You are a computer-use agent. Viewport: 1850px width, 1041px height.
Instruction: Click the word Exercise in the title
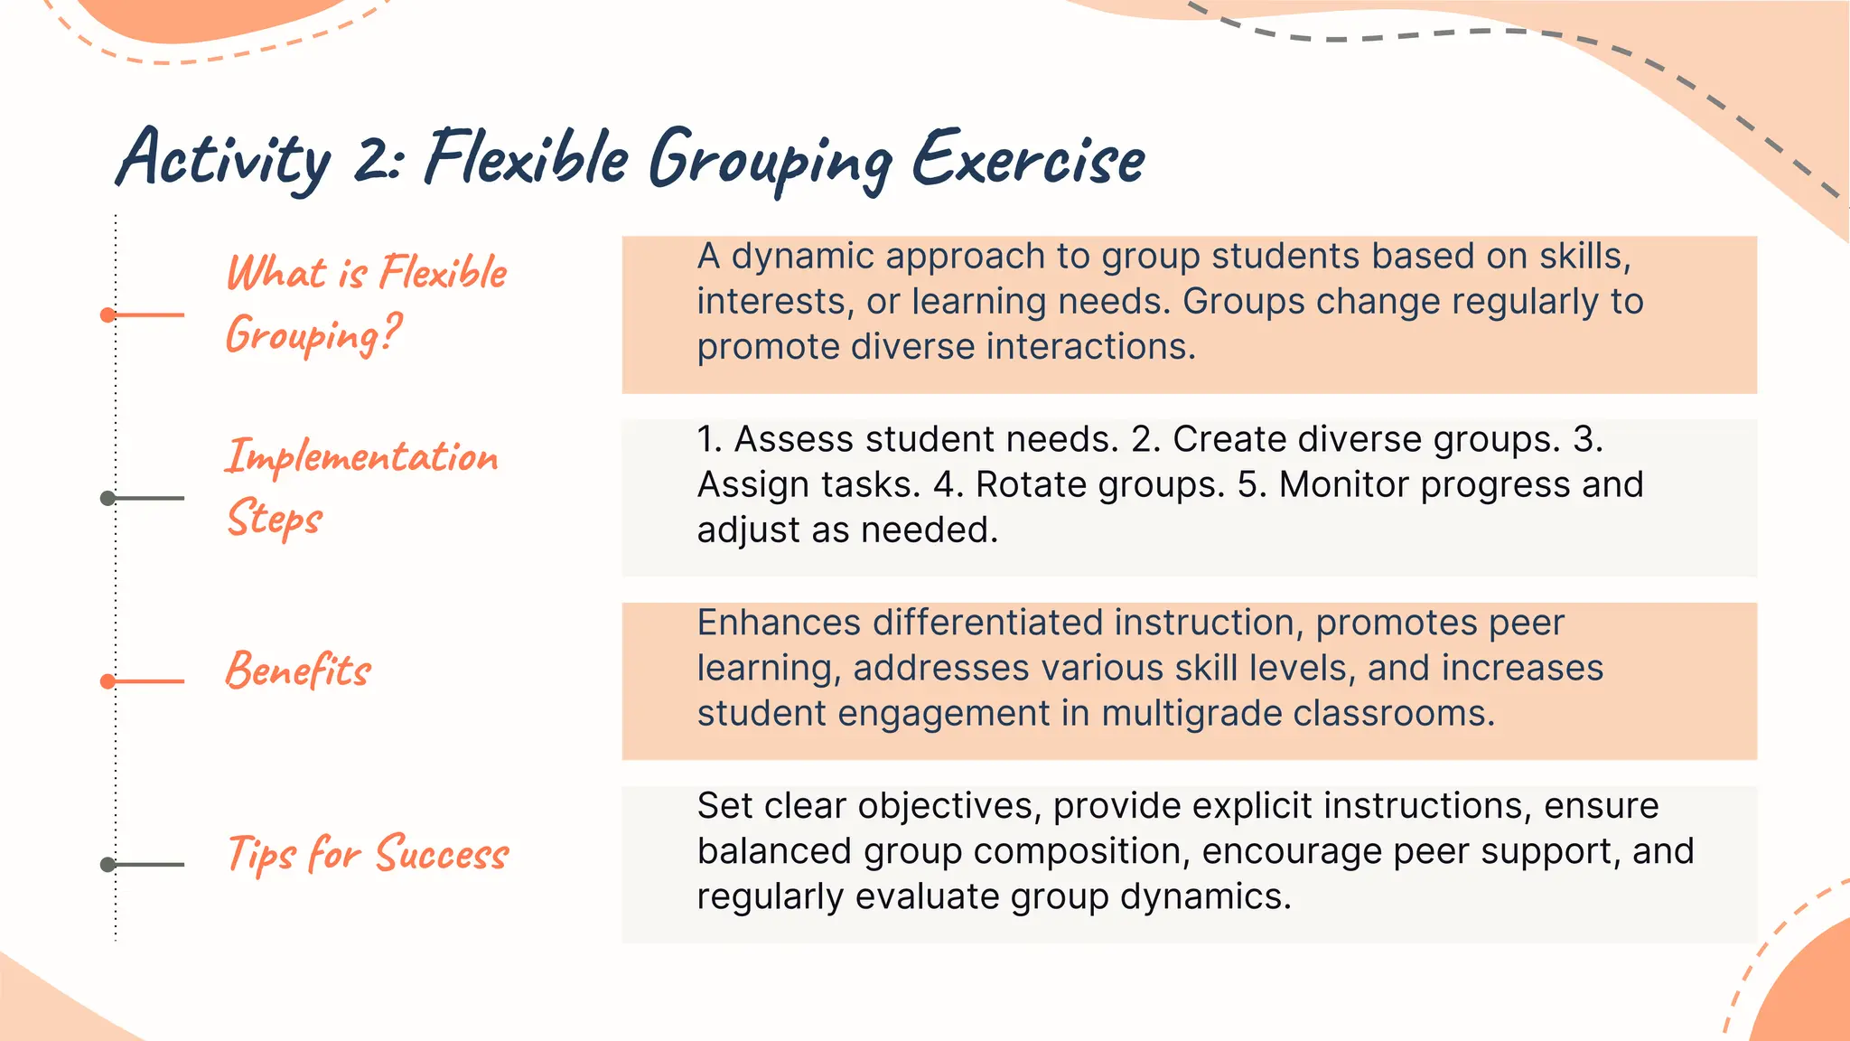(1028, 160)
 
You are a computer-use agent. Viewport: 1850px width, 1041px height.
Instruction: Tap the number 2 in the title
(372, 160)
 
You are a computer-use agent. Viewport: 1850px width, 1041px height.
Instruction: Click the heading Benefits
(298, 671)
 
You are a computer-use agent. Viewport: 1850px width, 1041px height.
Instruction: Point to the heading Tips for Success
(368, 854)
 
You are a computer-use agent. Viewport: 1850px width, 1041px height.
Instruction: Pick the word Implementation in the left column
(361, 456)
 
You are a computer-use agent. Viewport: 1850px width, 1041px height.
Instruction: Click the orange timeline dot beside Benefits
(107, 681)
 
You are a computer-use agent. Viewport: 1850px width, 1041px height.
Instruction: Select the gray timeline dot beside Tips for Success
(107, 865)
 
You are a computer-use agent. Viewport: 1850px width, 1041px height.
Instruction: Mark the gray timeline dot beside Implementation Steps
(107, 498)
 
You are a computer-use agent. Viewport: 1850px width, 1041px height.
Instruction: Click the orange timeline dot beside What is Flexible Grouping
(107, 315)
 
